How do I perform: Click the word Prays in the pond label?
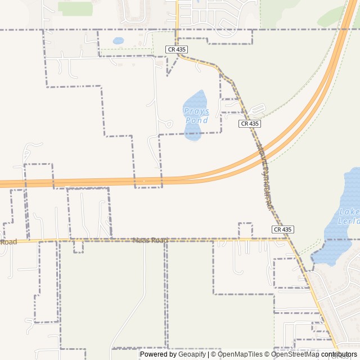pyautogui.click(x=196, y=111)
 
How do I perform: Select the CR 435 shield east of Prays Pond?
pyautogui.click(x=250, y=124)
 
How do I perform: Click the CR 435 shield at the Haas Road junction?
pyautogui.click(x=283, y=229)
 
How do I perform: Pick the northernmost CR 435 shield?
pyautogui.click(x=176, y=49)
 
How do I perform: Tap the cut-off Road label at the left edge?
pyautogui.click(x=8, y=242)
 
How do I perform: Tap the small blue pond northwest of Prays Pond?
pyautogui.click(x=118, y=40)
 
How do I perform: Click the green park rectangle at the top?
pyautogui.click(x=75, y=8)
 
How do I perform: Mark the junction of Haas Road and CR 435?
pyautogui.click(x=289, y=238)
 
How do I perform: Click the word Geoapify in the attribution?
pyautogui.click(x=192, y=354)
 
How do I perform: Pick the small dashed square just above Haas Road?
pyautogui.click(x=245, y=229)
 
